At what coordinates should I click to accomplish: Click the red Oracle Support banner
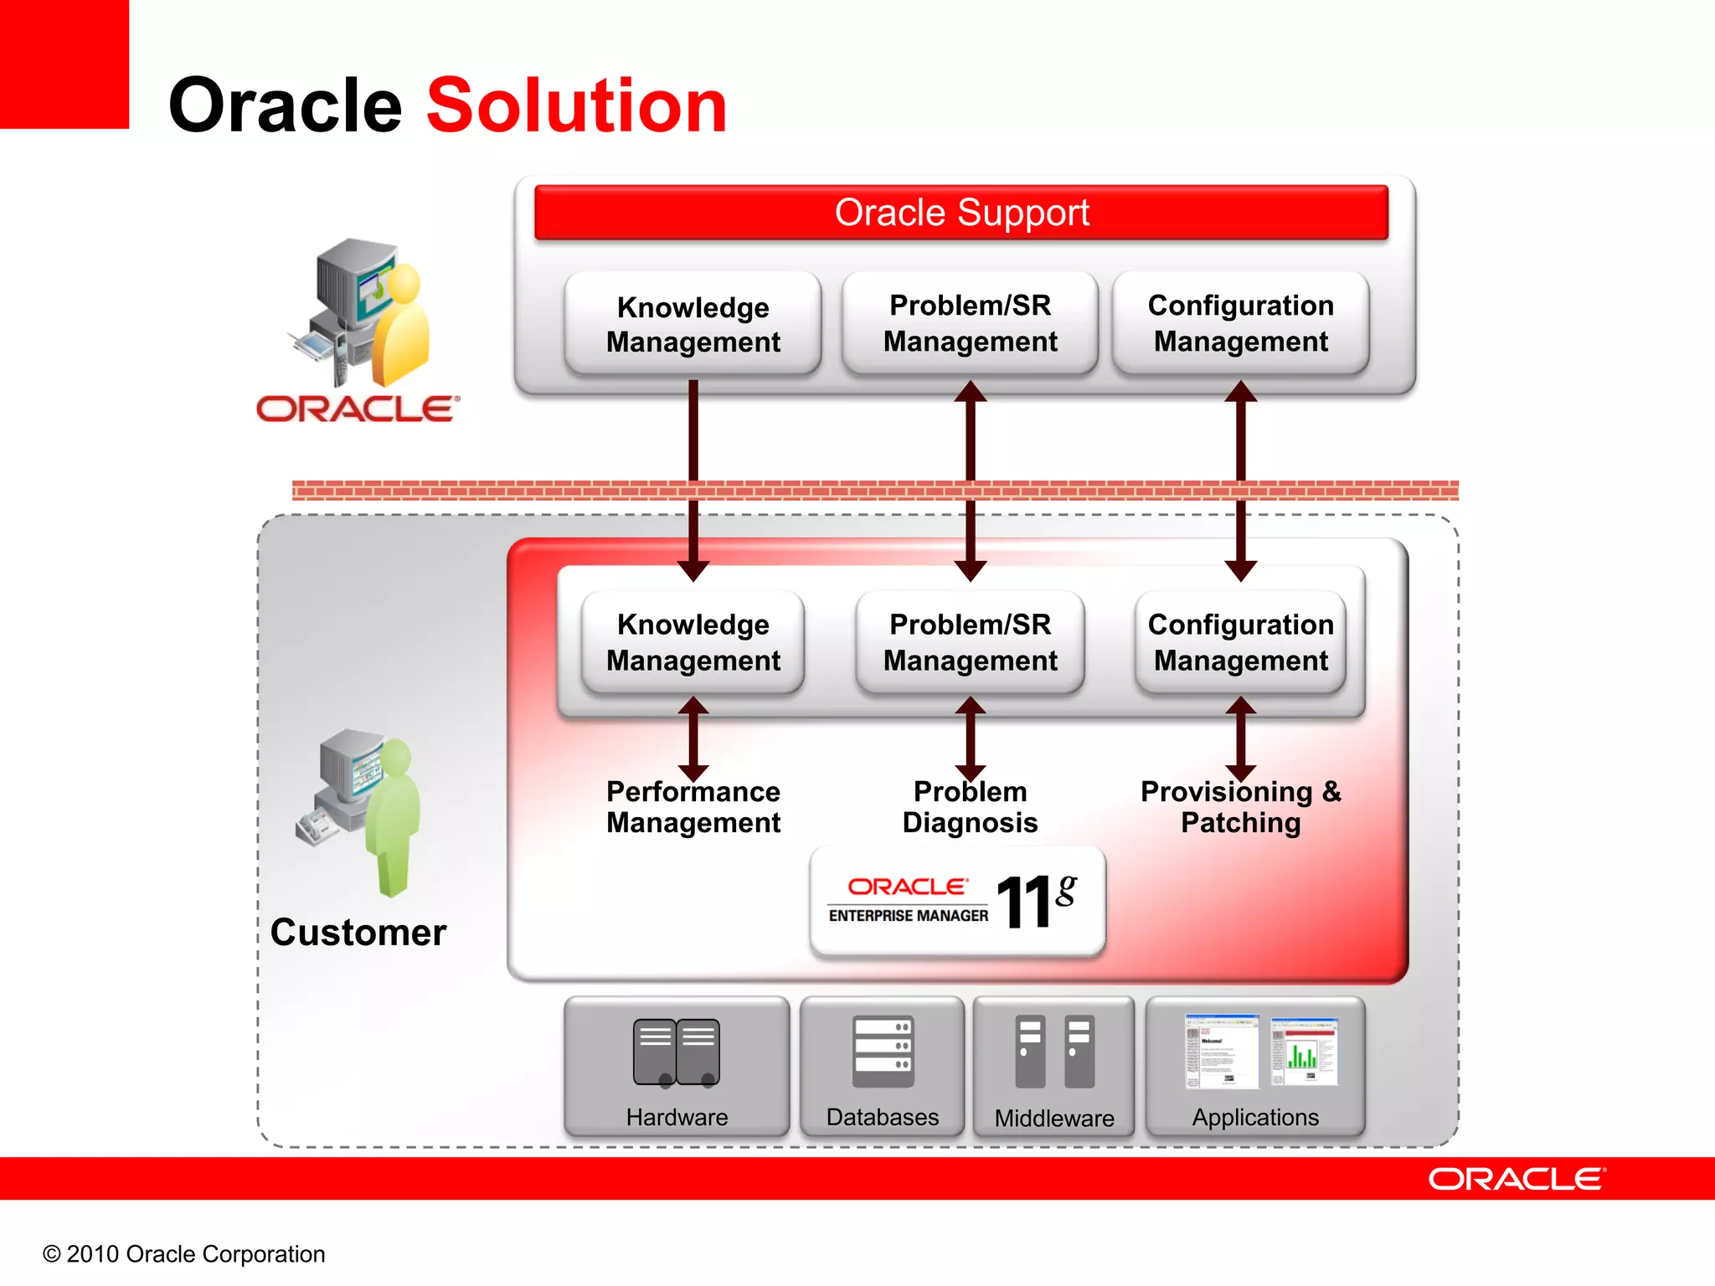tap(961, 213)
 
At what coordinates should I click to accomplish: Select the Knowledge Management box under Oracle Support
tap(693, 324)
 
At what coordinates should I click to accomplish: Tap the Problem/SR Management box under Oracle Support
tap(970, 323)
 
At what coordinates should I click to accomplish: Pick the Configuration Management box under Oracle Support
tap(1240, 323)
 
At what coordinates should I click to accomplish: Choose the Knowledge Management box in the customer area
tap(693, 642)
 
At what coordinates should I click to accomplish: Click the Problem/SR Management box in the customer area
tap(970, 642)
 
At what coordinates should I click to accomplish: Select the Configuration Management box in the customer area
tap(1240, 642)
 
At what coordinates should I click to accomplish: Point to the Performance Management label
tap(693, 807)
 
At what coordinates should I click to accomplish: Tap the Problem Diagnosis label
tap(970, 807)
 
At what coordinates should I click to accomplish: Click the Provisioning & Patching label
tap(1240, 807)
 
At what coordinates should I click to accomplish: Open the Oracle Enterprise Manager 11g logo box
tap(957, 902)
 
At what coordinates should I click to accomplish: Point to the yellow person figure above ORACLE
tap(402, 327)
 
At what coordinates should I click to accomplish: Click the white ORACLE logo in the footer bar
tap(1516, 1179)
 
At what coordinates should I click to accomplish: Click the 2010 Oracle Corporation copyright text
tap(183, 1254)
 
